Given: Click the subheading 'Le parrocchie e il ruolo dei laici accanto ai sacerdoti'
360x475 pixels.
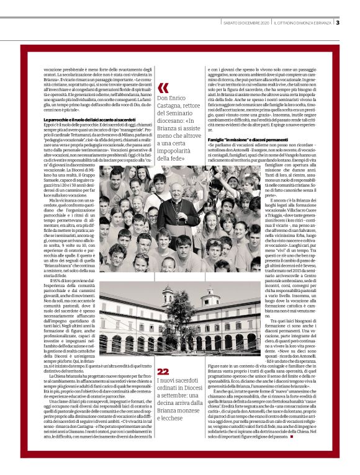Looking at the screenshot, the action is (89, 119).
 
